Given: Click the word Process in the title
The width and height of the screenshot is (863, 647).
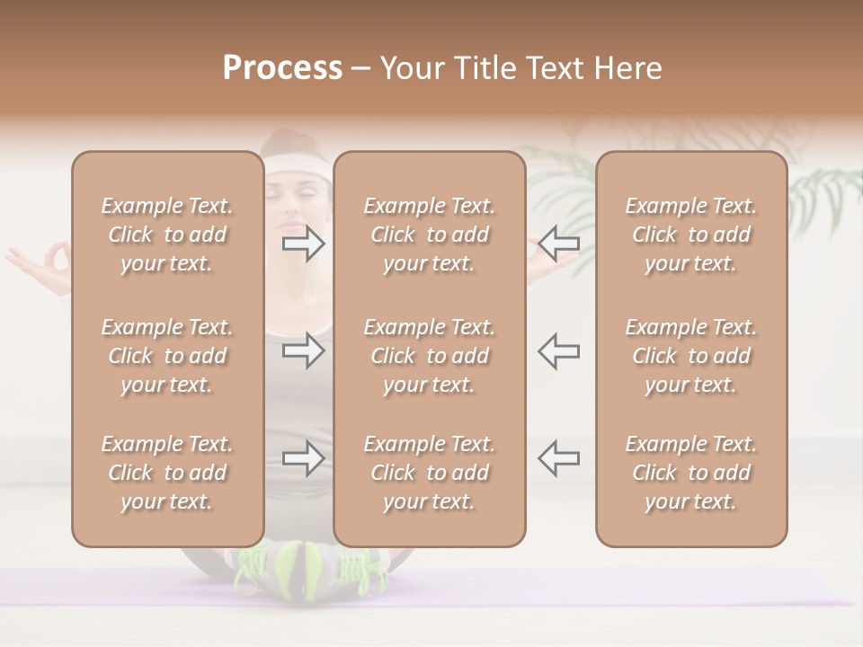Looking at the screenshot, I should pyautogui.click(x=282, y=68).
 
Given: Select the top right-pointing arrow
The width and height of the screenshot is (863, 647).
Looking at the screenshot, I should pyautogui.click(x=303, y=243).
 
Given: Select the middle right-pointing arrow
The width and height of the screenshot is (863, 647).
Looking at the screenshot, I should pyautogui.click(x=303, y=350).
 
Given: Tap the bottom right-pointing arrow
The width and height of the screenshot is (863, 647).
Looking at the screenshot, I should pyautogui.click(x=303, y=458).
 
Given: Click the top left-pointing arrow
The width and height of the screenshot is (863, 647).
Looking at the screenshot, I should pyautogui.click(x=558, y=243).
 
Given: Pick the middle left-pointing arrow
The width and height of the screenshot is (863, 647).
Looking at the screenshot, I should pyautogui.click(x=558, y=350).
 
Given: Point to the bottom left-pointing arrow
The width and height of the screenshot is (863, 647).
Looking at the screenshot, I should pyautogui.click(x=558, y=458).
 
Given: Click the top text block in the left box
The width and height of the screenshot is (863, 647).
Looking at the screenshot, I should pyautogui.click(x=167, y=235).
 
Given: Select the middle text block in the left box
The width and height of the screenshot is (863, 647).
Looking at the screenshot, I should pyautogui.click(x=167, y=356).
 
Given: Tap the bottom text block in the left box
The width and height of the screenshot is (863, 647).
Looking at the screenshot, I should pyautogui.click(x=167, y=473).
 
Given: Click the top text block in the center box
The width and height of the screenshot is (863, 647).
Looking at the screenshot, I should pyautogui.click(x=429, y=235).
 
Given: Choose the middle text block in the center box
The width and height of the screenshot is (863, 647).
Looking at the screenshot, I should pyautogui.click(x=429, y=356).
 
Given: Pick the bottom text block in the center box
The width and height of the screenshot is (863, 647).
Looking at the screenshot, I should pyautogui.click(x=429, y=473).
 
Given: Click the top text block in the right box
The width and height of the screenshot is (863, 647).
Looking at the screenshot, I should pyautogui.click(x=690, y=235).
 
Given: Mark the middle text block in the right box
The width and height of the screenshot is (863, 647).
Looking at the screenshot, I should pyautogui.click(x=690, y=356).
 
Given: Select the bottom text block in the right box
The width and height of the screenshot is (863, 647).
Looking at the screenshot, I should pyautogui.click(x=690, y=473).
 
